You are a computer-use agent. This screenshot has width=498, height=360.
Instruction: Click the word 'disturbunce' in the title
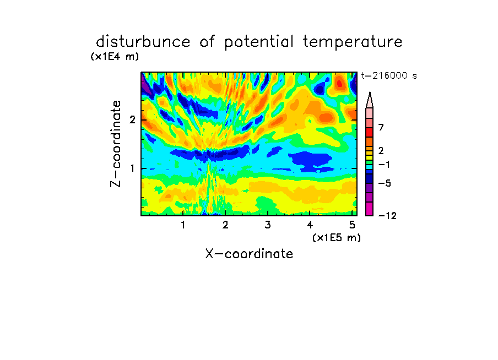tap(143, 42)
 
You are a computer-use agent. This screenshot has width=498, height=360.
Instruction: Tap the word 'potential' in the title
tap(259, 42)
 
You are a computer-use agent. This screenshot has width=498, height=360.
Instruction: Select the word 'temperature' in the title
tap(353, 42)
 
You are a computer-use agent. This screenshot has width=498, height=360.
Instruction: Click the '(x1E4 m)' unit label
tap(115, 57)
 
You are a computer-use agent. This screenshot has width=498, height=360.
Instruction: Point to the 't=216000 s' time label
tap(389, 75)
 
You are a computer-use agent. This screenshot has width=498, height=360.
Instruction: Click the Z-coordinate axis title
tap(116, 144)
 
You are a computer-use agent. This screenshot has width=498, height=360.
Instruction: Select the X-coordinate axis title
tap(249, 254)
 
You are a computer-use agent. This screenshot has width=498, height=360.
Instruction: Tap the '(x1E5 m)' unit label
tap(337, 238)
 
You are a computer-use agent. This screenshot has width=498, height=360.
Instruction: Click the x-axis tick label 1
tap(183, 225)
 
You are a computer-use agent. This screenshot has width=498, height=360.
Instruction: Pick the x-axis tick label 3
tap(268, 225)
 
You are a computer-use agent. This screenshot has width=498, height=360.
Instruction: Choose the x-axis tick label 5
tap(352, 225)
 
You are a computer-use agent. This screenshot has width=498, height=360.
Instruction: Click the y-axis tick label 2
tap(132, 120)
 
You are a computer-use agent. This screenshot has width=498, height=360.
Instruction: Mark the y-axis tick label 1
tap(132, 168)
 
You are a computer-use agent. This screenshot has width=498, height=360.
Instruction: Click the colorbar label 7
tap(381, 128)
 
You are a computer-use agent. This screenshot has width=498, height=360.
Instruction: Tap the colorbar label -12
tap(387, 216)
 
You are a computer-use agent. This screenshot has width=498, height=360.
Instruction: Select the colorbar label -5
tap(385, 183)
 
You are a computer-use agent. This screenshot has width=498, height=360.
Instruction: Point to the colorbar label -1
tap(384, 165)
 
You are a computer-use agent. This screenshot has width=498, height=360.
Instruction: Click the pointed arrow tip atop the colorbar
tap(370, 92)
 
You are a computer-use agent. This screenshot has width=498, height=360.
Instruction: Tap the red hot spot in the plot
tap(340, 84)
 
